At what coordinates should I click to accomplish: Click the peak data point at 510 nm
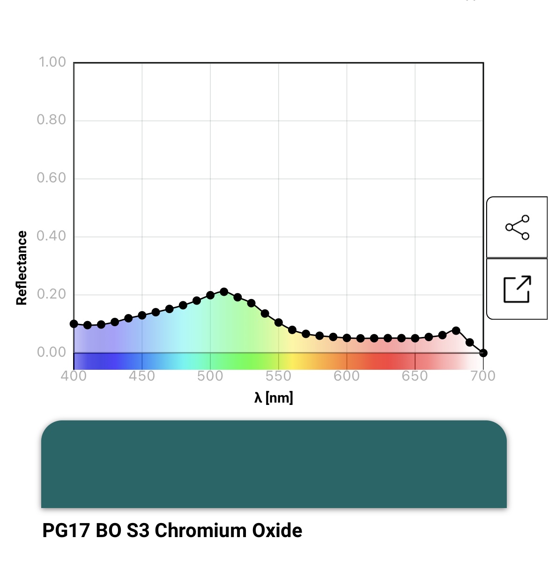click(224, 292)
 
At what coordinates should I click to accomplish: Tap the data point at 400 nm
click(74, 324)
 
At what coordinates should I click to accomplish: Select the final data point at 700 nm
click(483, 353)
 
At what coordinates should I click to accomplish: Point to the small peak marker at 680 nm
click(456, 330)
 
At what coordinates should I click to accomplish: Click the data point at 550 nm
click(279, 322)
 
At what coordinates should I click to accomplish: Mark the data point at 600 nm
click(347, 338)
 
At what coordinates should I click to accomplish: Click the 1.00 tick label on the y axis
click(52, 62)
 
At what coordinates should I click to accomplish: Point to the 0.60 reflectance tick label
click(52, 178)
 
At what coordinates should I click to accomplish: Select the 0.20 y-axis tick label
click(52, 294)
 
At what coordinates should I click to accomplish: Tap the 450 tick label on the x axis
click(142, 376)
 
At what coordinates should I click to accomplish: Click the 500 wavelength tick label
click(210, 376)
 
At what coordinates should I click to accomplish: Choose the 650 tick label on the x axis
click(415, 376)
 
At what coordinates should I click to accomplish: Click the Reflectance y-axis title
click(22, 268)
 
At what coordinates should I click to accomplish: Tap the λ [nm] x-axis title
click(274, 398)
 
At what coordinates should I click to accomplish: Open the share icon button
click(517, 227)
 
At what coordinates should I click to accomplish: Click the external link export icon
click(517, 289)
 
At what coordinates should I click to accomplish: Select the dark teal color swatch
click(274, 464)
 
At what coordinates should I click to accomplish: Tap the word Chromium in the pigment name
click(201, 531)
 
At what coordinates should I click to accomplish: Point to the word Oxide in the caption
click(277, 531)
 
